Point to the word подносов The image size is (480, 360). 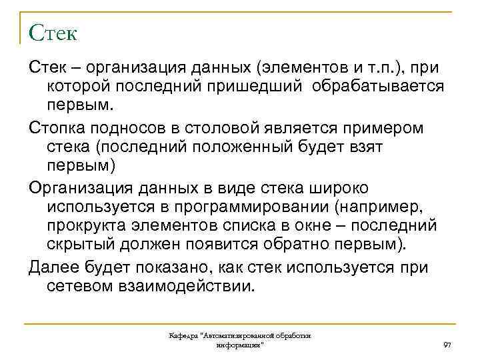(124, 127)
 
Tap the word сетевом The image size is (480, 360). (79, 287)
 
